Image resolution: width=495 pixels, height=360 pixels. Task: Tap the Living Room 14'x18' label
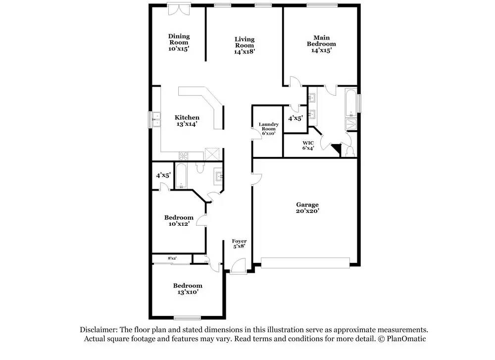point(245,46)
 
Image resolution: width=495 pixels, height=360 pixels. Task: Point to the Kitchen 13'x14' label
point(187,121)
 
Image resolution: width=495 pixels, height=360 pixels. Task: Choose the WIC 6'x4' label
point(308,145)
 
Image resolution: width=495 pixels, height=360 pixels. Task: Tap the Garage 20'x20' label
point(307,208)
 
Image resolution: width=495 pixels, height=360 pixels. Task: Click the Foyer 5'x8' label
point(239,244)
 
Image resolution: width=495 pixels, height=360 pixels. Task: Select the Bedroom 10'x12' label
point(179,221)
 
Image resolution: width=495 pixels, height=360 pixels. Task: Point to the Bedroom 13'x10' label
point(188,289)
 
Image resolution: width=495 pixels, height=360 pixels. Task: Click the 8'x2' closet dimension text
point(172,258)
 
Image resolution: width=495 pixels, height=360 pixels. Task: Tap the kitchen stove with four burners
point(184,156)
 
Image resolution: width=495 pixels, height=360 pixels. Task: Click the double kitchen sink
point(156,120)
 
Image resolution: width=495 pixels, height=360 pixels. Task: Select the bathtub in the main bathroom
point(351,103)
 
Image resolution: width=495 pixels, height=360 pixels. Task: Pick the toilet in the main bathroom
point(350,151)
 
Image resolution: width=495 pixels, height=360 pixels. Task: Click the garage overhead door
point(305,263)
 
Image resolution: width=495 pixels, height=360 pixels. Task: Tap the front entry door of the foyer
point(238,266)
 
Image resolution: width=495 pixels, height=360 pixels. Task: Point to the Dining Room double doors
point(179,9)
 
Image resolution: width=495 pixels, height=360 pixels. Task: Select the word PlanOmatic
point(406,339)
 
